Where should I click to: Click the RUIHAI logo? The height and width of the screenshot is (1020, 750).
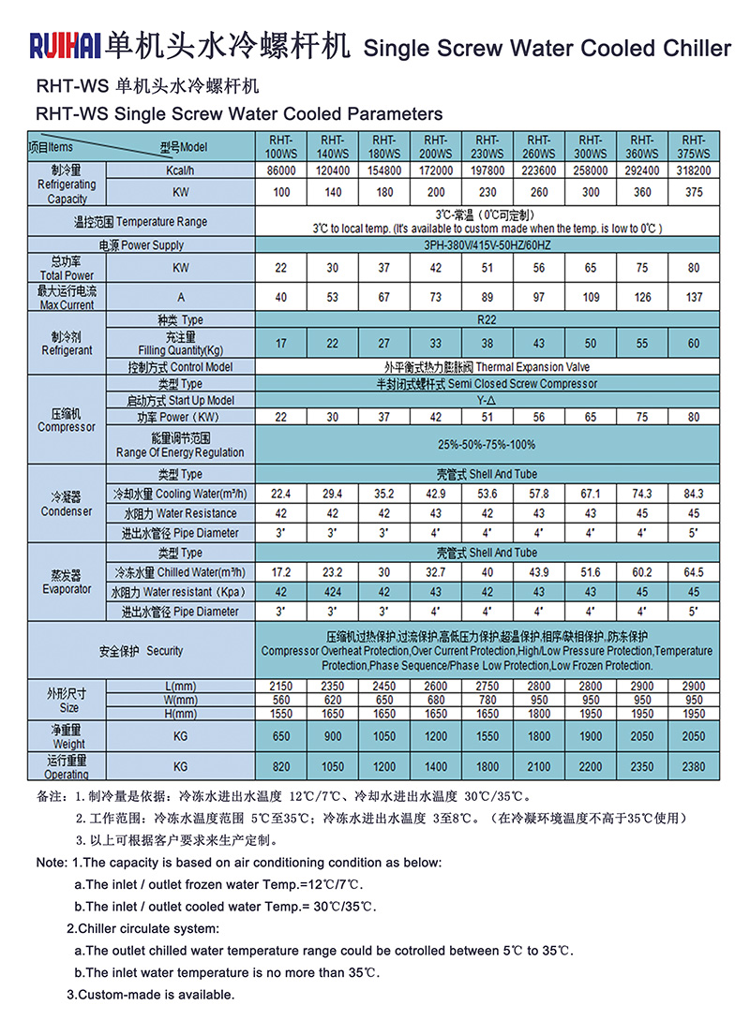click(x=66, y=44)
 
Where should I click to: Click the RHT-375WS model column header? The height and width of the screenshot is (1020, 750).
click(x=694, y=146)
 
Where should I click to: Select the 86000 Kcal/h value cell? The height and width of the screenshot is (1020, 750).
click(x=281, y=171)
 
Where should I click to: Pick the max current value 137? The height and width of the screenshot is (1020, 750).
click(x=694, y=298)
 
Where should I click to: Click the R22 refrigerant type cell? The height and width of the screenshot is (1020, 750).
click(x=487, y=320)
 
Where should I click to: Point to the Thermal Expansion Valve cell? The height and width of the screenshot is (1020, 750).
click(x=487, y=367)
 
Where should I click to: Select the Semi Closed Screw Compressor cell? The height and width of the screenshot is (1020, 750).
click(x=487, y=384)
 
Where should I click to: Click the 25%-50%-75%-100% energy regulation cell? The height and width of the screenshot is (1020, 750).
click(x=487, y=444)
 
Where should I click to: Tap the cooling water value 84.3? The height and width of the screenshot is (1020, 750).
click(x=694, y=494)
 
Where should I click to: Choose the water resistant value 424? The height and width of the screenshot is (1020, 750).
click(x=333, y=592)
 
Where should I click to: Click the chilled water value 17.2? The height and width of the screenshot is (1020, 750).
click(x=281, y=572)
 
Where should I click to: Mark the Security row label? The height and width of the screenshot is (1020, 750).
click(x=141, y=650)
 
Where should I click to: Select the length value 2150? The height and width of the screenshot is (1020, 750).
click(x=281, y=687)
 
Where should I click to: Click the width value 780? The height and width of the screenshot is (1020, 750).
click(x=487, y=700)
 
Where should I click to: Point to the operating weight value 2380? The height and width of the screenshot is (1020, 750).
click(x=694, y=766)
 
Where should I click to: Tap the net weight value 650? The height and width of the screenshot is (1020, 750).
click(x=281, y=736)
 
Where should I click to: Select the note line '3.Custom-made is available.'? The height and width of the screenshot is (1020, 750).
click(x=150, y=995)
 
